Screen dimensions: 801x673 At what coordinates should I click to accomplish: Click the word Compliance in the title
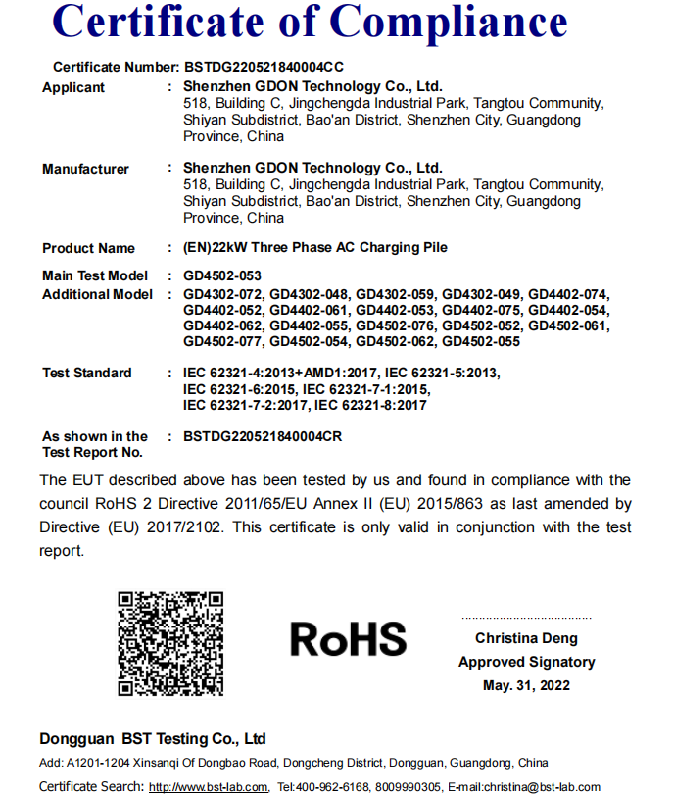point(450,24)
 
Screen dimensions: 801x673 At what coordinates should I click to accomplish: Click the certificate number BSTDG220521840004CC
point(264,68)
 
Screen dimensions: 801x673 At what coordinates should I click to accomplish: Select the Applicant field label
point(73,87)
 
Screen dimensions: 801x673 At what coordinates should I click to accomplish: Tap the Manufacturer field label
point(85,169)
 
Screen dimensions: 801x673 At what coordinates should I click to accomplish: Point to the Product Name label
point(88,248)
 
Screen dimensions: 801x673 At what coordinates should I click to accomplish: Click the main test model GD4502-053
point(222,275)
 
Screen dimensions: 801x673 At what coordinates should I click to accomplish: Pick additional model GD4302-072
point(222,294)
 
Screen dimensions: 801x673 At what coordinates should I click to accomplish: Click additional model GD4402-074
point(568,294)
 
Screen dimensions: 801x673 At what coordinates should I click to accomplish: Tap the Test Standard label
point(86,373)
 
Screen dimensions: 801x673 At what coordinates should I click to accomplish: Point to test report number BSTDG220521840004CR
point(263,436)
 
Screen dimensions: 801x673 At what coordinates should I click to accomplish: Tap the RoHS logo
point(348,639)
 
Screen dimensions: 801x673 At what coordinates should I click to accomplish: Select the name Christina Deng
point(526,638)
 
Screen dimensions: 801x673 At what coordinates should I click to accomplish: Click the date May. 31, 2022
point(526,685)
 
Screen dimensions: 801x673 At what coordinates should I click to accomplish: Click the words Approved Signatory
point(526,662)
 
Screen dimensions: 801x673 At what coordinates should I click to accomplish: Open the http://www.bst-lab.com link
point(209,787)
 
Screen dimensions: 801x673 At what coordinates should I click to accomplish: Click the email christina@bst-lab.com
point(540,787)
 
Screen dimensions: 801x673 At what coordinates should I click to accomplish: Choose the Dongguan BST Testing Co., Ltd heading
point(153,738)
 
